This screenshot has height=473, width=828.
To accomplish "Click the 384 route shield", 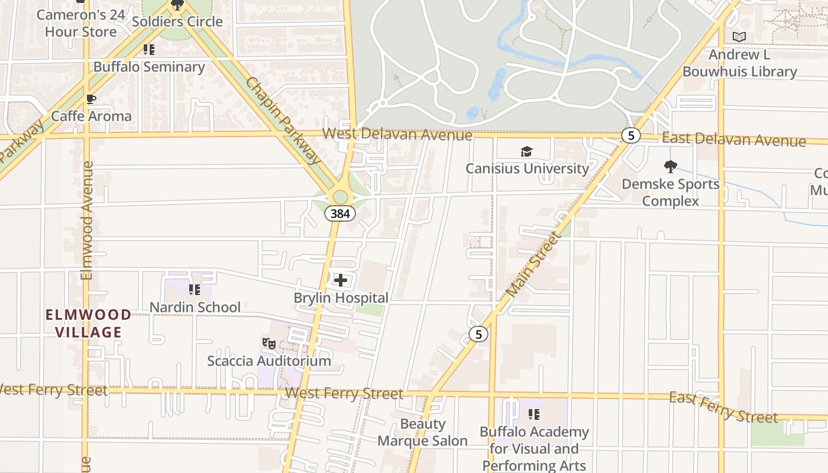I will (340, 213).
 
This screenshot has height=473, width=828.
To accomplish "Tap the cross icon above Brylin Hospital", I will (341, 280).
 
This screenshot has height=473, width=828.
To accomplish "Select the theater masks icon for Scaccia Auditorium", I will (269, 343).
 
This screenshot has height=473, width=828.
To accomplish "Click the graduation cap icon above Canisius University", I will (526, 152).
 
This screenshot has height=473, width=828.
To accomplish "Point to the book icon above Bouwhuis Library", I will (739, 37).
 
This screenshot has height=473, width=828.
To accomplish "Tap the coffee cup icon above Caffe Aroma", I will (90, 99).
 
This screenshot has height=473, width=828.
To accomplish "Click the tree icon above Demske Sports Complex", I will (670, 166).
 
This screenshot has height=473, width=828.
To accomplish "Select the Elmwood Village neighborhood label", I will (89, 323).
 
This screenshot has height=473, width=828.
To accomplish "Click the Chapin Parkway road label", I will (283, 121).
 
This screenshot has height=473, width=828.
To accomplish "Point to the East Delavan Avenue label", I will (733, 140).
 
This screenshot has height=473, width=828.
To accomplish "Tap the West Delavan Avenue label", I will (397, 134).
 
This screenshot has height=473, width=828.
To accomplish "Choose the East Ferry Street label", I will (723, 407).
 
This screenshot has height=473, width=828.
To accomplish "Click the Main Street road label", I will (533, 264).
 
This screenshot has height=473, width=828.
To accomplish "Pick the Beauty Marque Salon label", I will (422, 432).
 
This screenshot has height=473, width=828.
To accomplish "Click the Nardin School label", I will (195, 307).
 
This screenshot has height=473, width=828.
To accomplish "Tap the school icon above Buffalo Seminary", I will (149, 50).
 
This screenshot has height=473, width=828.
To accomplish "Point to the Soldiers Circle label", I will (177, 22).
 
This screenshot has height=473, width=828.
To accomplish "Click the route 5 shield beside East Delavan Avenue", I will (631, 135).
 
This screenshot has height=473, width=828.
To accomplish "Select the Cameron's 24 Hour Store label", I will (81, 23).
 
